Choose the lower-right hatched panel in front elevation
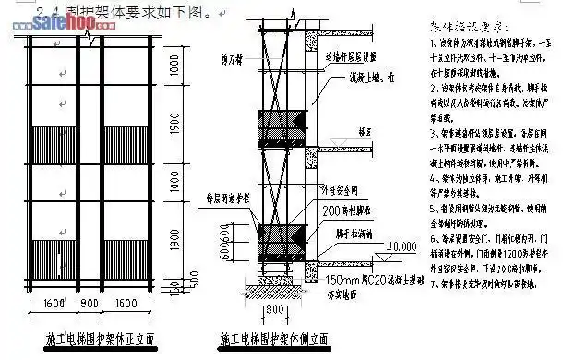(x=128, y=246)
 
